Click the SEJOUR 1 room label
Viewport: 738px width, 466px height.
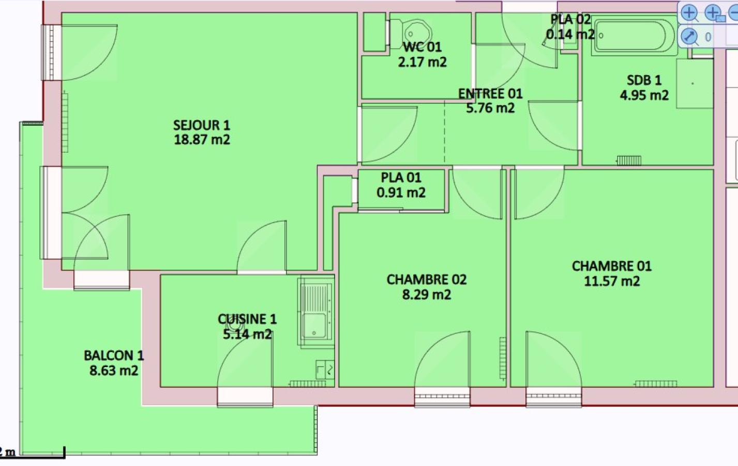(x=202, y=125)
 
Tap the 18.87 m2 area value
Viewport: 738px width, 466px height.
(x=202, y=139)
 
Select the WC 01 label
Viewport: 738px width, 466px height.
(x=423, y=47)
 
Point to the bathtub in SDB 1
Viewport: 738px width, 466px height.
(x=634, y=36)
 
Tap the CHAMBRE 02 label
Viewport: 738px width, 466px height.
(x=427, y=280)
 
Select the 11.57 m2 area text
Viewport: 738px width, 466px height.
(x=612, y=281)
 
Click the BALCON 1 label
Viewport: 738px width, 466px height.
(x=114, y=356)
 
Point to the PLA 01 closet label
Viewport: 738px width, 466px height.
(x=401, y=178)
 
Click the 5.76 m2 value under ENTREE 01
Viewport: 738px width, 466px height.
(x=490, y=108)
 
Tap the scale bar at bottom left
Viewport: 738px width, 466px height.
(x=39, y=457)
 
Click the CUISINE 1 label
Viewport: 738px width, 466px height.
(x=247, y=319)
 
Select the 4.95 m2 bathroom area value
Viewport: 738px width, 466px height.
(x=644, y=95)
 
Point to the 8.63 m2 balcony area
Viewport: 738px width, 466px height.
(x=114, y=370)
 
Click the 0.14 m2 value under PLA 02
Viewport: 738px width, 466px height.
(x=570, y=34)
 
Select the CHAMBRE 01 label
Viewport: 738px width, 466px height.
(x=612, y=266)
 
